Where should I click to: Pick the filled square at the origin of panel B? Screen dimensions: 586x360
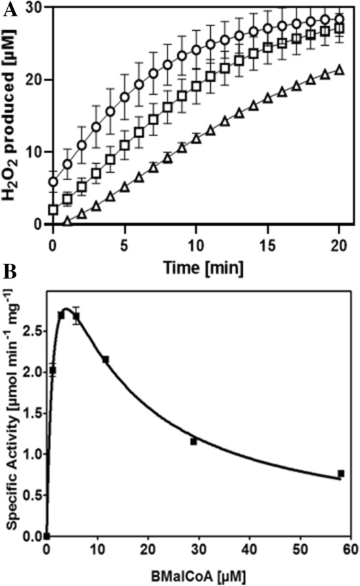pos(46,536)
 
